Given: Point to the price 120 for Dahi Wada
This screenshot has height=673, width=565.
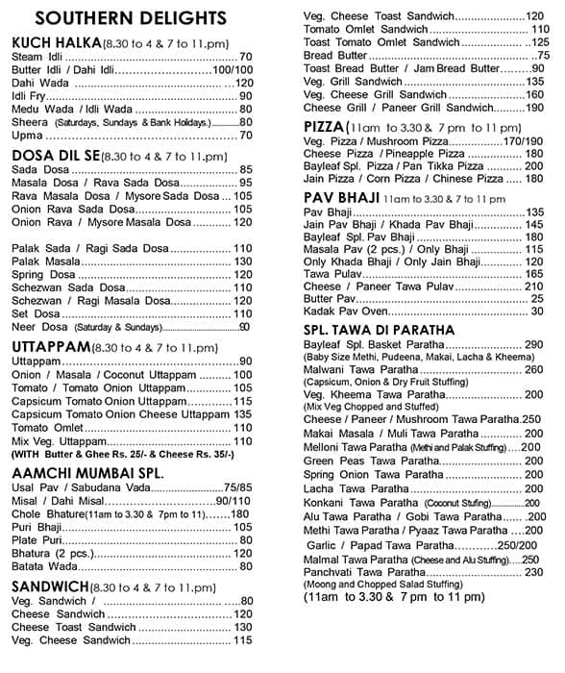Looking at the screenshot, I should (243, 84).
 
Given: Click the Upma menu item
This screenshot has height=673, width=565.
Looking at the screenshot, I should (29, 135).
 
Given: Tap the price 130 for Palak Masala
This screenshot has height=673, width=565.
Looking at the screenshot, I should (242, 262).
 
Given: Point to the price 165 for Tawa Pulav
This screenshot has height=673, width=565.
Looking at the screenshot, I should (533, 274).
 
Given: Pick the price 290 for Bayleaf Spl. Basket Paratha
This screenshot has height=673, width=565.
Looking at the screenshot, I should (533, 344).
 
